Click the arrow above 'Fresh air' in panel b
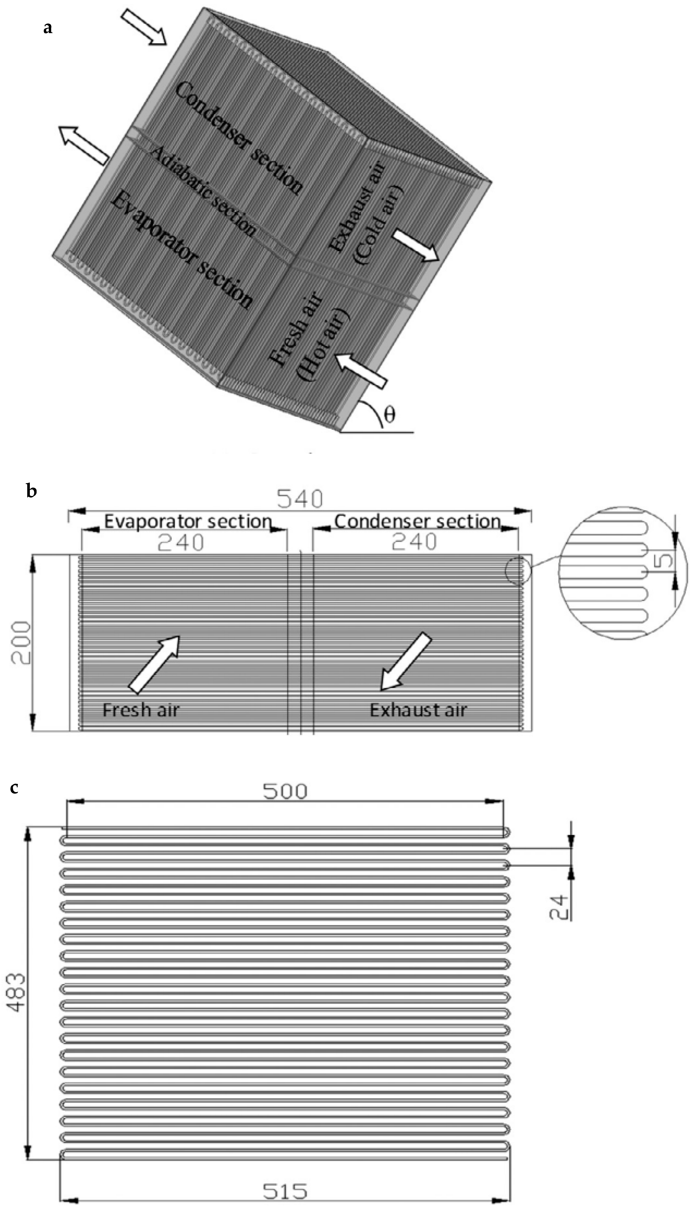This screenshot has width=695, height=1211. point(154,663)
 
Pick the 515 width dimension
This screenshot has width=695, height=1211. point(285,1191)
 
